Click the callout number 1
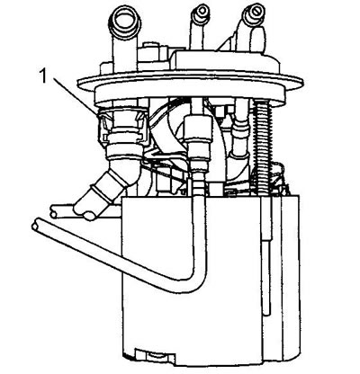coord(44,76)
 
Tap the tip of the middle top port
coord(201,12)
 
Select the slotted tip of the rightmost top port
coord(255,13)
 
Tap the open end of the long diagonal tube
coord(36,225)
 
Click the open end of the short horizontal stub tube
coord(53,210)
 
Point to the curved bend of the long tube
coord(192,279)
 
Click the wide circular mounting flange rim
coord(190,85)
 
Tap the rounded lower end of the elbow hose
coord(87,213)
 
